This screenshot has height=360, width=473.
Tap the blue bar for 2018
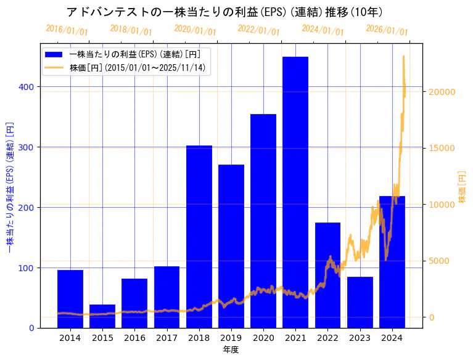point(199,237)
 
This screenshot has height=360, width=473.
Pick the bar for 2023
point(360,302)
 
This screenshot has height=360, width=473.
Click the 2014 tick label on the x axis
point(70,338)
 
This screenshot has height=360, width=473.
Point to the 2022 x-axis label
point(327,338)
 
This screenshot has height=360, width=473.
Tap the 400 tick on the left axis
point(28,87)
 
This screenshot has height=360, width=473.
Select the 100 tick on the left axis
point(28,268)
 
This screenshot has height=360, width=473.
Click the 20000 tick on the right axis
point(442,92)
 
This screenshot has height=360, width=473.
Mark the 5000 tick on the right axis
point(440,261)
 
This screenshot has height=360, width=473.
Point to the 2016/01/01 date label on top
point(67,30)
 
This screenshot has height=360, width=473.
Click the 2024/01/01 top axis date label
point(323,30)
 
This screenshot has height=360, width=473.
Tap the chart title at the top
point(224,12)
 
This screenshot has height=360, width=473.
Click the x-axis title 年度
point(231,350)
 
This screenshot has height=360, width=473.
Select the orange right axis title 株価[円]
point(462,187)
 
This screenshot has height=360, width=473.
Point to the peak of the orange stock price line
point(403,56)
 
